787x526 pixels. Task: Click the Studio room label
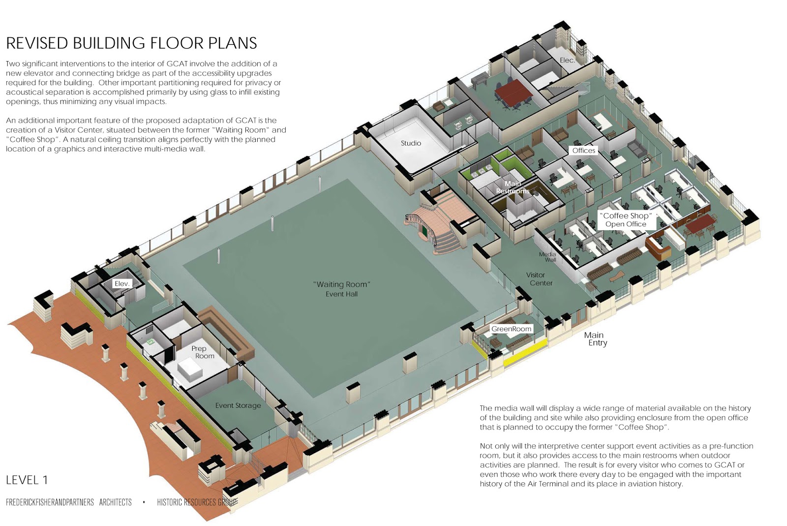point(411,143)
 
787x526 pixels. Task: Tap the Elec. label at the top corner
point(567,60)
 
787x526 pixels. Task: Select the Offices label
point(584,151)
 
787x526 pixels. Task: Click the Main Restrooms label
point(513,187)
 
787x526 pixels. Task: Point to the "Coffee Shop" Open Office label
point(626,220)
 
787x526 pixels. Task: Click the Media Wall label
point(547,257)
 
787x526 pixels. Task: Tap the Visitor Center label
point(540,279)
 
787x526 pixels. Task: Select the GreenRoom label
point(511,329)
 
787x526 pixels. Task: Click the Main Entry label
point(595,339)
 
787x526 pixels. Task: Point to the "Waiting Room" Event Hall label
point(341,289)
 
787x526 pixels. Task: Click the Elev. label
point(122,283)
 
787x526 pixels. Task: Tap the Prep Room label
point(203,352)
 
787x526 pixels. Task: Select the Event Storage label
point(238,405)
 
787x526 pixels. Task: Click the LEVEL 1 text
point(27,480)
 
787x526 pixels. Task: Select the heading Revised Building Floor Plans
point(131,43)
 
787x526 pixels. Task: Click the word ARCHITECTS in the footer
point(115,502)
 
